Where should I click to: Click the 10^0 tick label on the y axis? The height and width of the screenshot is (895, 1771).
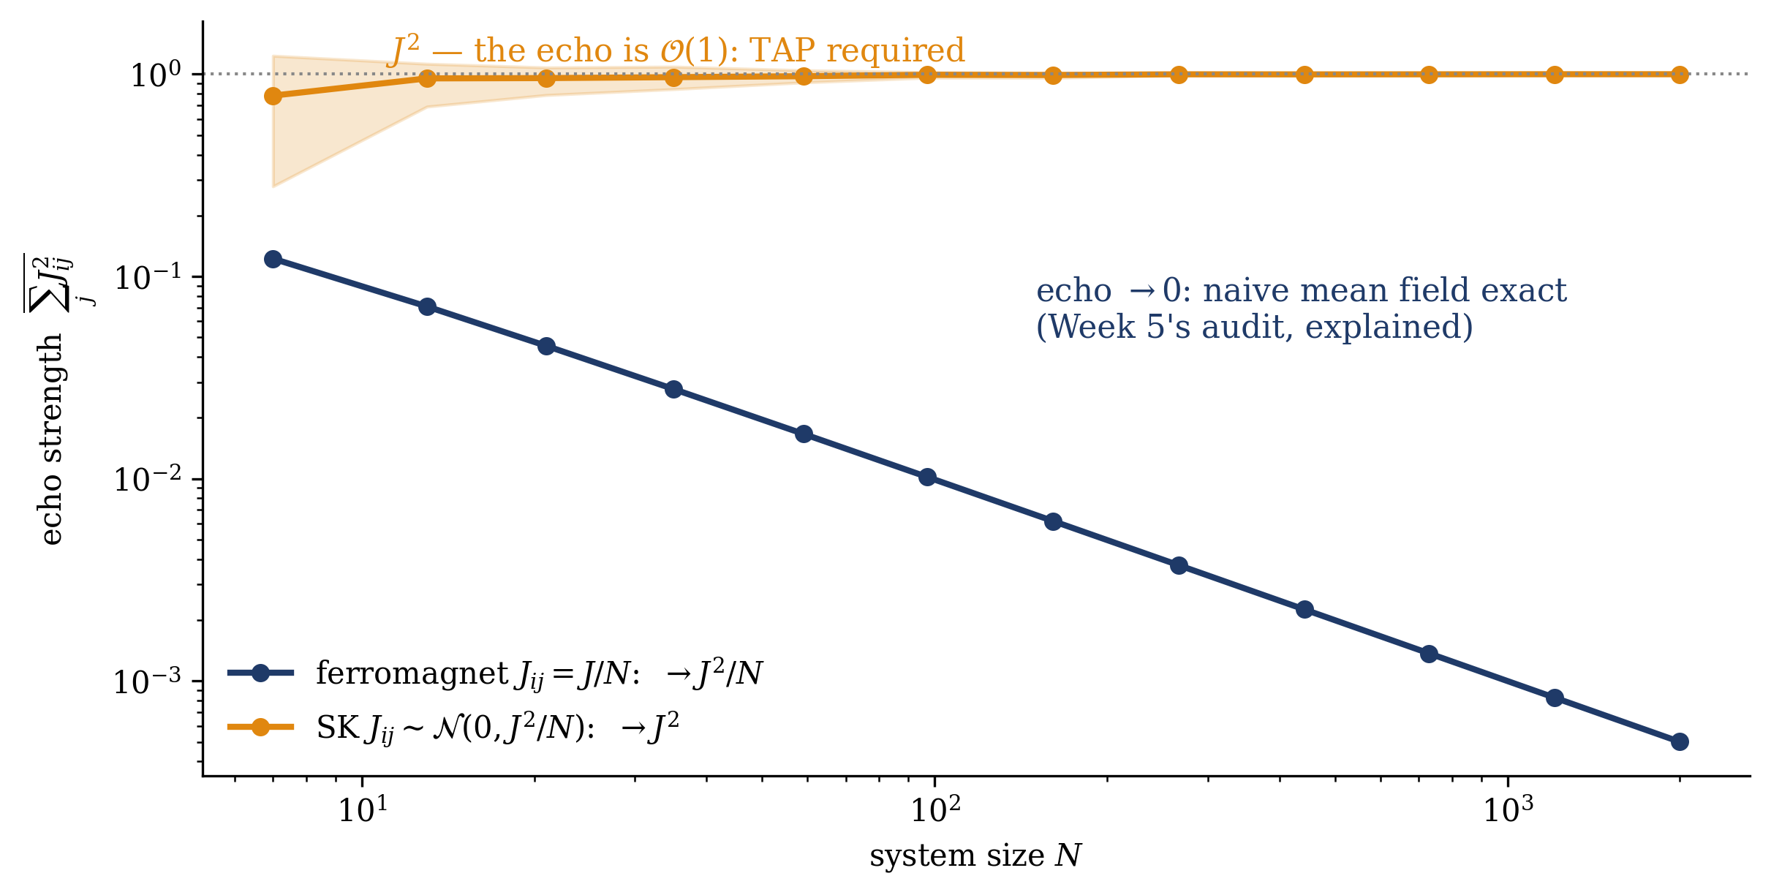coord(156,75)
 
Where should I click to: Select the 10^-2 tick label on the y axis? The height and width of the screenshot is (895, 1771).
coord(147,480)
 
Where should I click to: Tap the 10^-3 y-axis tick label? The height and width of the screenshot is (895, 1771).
coord(147,681)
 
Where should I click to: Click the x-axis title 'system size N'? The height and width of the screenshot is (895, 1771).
coord(975,856)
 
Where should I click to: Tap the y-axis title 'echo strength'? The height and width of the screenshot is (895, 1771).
coord(51,439)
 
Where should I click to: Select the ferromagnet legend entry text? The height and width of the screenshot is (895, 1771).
coord(540,673)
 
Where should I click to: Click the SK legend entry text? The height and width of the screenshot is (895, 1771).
coord(498,727)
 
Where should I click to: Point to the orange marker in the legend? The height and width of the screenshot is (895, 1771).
coord(260,727)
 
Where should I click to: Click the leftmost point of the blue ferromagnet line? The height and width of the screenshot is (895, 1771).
coord(273,259)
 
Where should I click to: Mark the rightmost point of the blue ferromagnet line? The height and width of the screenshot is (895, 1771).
coord(1680,741)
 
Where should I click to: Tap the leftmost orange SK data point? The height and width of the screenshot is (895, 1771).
coord(273,96)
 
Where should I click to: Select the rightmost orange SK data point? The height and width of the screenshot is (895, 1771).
coord(1680,75)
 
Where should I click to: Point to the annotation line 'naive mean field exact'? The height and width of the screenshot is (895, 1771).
coord(1385,290)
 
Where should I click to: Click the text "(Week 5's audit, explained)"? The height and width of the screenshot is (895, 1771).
coord(1255,326)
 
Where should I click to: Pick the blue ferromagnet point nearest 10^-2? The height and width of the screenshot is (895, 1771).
coord(927,477)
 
